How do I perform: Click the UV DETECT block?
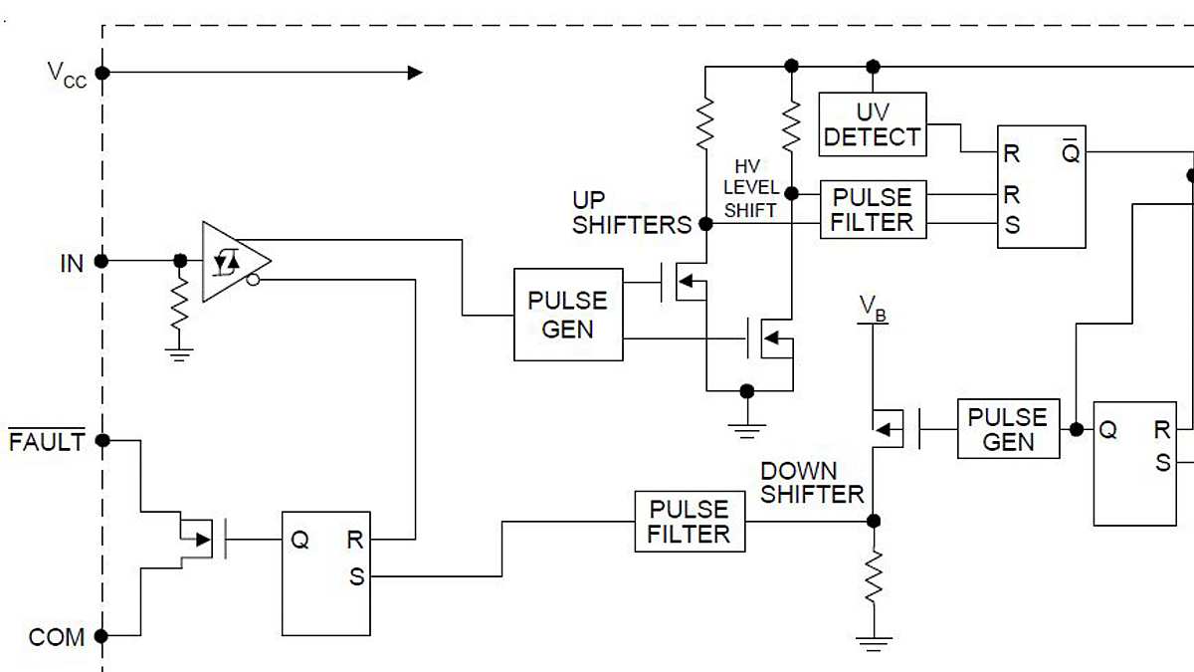pyautogui.click(x=872, y=124)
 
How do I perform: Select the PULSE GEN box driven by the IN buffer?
pyautogui.click(x=567, y=314)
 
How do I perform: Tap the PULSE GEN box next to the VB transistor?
pyautogui.click(x=1008, y=429)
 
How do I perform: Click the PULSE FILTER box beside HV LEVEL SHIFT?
pyautogui.click(x=872, y=209)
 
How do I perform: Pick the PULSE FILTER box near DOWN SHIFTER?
pyautogui.click(x=689, y=522)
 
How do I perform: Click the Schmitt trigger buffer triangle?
pyautogui.click(x=232, y=261)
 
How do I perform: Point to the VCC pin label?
pyautogui.click(x=67, y=74)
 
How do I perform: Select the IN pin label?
pyautogui.click(x=72, y=263)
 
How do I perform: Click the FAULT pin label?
pyautogui.click(x=47, y=441)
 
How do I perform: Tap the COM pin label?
pyautogui.click(x=56, y=636)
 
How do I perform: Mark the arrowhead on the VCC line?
pyautogui.click(x=415, y=72)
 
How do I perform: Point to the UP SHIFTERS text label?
pyautogui.click(x=631, y=213)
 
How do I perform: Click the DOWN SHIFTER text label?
pyautogui.click(x=812, y=482)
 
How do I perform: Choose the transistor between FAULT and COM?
pyautogui.click(x=199, y=539)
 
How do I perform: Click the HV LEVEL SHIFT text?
pyautogui.click(x=751, y=188)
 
